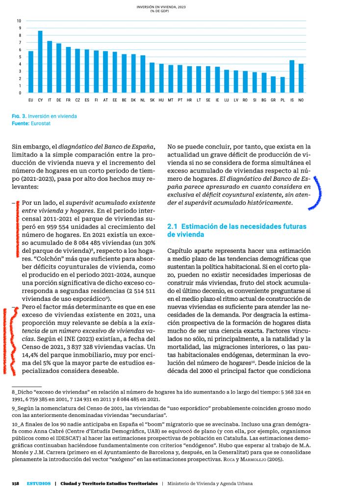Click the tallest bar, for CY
(x=40, y=62)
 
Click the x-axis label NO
(x=301, y=100)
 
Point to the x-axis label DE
(x=59, y=100)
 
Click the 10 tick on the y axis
(x=19, y=21)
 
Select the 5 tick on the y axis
(x=19, y=57)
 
